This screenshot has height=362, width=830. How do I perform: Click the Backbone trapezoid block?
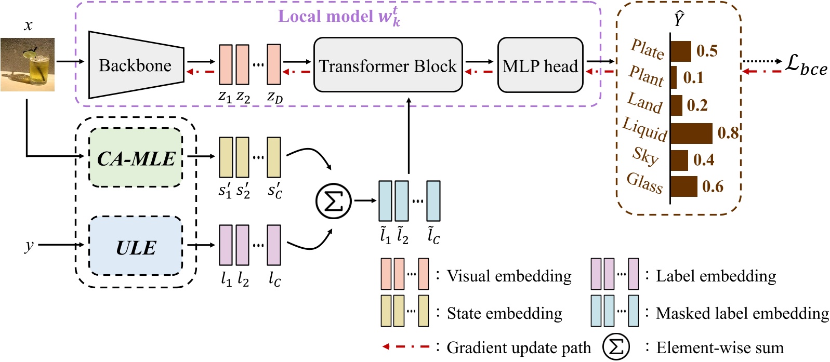pyautogui.click(x=136, y=65)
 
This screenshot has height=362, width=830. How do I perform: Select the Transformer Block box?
pyautogui.click(x=388, y=65)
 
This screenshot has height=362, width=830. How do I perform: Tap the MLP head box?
pyautogui.click(x=540, y=65)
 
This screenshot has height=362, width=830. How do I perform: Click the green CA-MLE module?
pyautogui.click(x=136, y=158)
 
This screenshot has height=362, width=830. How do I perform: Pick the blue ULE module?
pyautogui.click(x=136, y=247)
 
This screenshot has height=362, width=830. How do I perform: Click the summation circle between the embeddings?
pyautogui.click(x=334, y=201)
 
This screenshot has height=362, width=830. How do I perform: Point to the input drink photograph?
pyautogui.click(x=28, y=65)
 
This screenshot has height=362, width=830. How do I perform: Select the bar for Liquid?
pyautogui.click(x=691, y=133)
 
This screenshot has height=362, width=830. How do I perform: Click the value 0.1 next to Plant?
pyautogui.click(x=693, y=78)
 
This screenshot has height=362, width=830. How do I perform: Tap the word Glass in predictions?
pyautogui.click(x=644, y=183)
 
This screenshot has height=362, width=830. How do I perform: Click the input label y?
pyautogui.click(x=29, y=245)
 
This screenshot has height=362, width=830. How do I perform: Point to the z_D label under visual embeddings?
pyautogui.click(x=274, y=97)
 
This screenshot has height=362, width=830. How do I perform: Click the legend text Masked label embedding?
pyautogui.click(x=742, y=313)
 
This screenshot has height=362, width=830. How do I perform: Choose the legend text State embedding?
pyautogui.click(x=504, y=313)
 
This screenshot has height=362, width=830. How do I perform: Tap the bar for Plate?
pyautogui.click(x=681, y=51)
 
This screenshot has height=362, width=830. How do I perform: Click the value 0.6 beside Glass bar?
pyautogui.click(x=712, y=186)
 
